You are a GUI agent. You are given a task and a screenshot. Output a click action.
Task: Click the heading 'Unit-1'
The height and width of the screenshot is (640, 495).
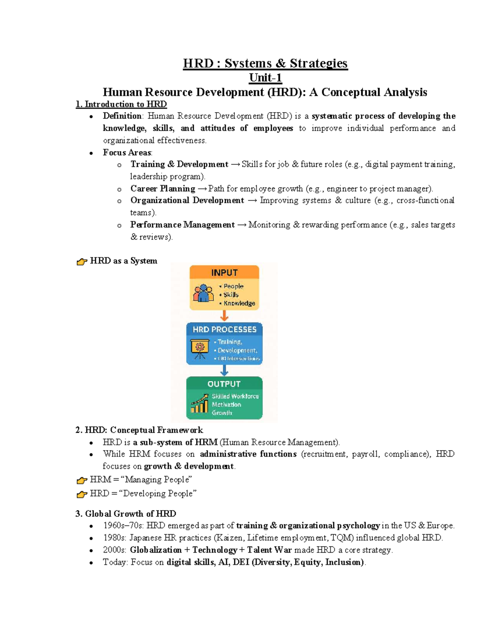point(265,77)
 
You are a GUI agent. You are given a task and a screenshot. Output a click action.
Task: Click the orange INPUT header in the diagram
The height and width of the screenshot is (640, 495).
point(224,272)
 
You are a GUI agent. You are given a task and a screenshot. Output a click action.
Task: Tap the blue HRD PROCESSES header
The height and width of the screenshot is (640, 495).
point(224,329)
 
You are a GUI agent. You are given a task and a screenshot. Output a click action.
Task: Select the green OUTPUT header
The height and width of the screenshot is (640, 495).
point(224,384)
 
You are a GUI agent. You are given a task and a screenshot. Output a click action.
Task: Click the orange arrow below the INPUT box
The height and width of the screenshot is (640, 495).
point(224,316)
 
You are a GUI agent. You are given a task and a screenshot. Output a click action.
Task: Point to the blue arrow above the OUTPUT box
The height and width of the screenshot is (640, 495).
point(224,370)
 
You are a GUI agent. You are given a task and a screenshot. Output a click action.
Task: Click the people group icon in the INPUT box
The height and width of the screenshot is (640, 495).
point(203,293)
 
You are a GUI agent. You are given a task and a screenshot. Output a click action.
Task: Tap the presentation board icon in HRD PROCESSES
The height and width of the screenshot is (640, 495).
point(200,348)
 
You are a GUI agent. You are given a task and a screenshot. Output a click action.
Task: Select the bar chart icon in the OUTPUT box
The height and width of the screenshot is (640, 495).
point(200,403)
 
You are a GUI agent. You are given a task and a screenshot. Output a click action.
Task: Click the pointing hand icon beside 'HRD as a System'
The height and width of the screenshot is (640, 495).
point(82,261)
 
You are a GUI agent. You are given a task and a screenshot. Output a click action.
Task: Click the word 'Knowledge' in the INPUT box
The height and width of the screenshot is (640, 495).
point(239,303)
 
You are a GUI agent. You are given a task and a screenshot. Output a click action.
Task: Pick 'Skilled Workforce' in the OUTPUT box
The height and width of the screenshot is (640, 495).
point(235,396)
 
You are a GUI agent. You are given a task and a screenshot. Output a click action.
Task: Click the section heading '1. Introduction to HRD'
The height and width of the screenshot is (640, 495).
point(121,104)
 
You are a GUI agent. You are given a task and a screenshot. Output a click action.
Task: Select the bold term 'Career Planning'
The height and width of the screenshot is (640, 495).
point(163,189)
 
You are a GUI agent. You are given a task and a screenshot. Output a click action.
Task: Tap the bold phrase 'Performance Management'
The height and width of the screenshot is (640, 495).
point(182,225)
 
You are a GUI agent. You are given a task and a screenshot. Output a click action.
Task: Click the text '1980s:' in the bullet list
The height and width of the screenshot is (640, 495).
point(115,538)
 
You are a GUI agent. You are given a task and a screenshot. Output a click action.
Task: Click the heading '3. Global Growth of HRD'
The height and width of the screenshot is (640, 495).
point(126,513)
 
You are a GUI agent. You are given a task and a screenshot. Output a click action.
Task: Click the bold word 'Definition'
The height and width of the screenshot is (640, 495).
point(122,116)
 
